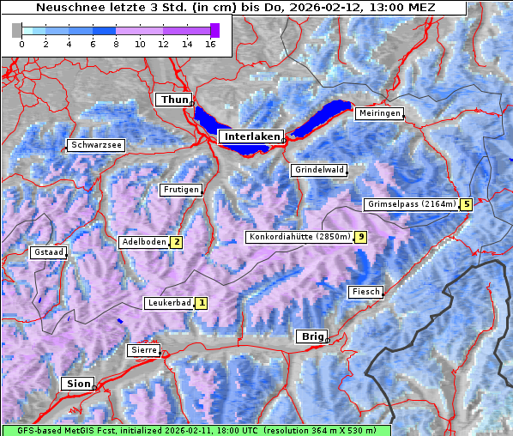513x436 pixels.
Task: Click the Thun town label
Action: pyautogui.click(x=173, y=100)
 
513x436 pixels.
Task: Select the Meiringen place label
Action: pyautogui.click(x=379, y=113)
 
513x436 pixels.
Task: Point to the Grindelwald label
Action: pyautogui.click(x=319, y=170)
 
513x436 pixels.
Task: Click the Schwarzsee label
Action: pyautogui.click(x=96, y=145)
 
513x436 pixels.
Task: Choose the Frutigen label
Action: pyautogui.click(x=180, y=190)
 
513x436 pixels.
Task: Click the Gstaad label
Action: pyautogui.click(x=48, y=252)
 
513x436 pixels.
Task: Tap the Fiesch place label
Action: pyautogui.click(x=365, y=292)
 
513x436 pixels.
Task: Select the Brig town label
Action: pyautogui.click(x=311, y=336)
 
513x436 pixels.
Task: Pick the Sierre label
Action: pyautogui.click(x=143, y=350)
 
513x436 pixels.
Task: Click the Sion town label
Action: pyautogui.click(x=78, y=384)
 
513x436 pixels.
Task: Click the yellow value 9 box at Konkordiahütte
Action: pyautogui.click(x=361, y=237)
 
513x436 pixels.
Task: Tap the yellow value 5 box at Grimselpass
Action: pyautogui.click(x=466, y=204)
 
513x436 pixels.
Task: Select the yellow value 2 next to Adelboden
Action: pyautogui.click(x=176, y=242)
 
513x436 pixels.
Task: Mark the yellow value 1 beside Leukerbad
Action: pyautogui.click(x=202, y=303)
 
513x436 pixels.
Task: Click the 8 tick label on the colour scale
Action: pyautogui.click(x=116, y=43)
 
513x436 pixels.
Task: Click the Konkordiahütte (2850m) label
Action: pyautogui.click(x=299, y=237)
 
